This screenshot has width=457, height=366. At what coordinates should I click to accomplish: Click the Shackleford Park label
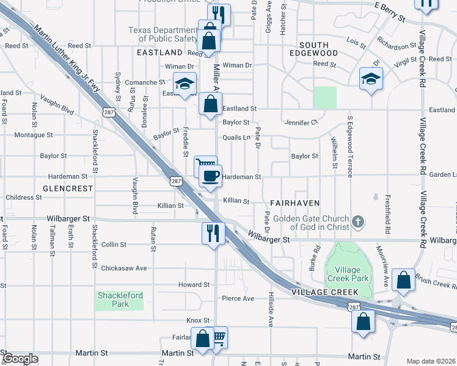[120, 300]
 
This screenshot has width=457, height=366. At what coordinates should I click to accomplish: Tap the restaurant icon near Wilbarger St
[213, 233]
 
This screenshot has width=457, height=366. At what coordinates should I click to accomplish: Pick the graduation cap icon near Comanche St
[183, 85]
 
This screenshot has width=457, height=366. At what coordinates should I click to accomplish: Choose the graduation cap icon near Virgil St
[370, 79]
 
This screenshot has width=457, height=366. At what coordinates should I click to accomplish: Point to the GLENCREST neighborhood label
[68, 188]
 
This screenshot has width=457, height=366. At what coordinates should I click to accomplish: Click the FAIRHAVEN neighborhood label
[295, 202]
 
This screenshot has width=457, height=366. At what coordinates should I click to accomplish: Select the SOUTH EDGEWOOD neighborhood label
[318, 49]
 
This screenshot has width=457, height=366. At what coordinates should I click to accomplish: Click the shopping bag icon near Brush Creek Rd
[404, 281]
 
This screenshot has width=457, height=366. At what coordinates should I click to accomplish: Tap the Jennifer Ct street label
[302, 123]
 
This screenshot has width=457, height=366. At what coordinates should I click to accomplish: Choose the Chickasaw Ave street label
[124, 268]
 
